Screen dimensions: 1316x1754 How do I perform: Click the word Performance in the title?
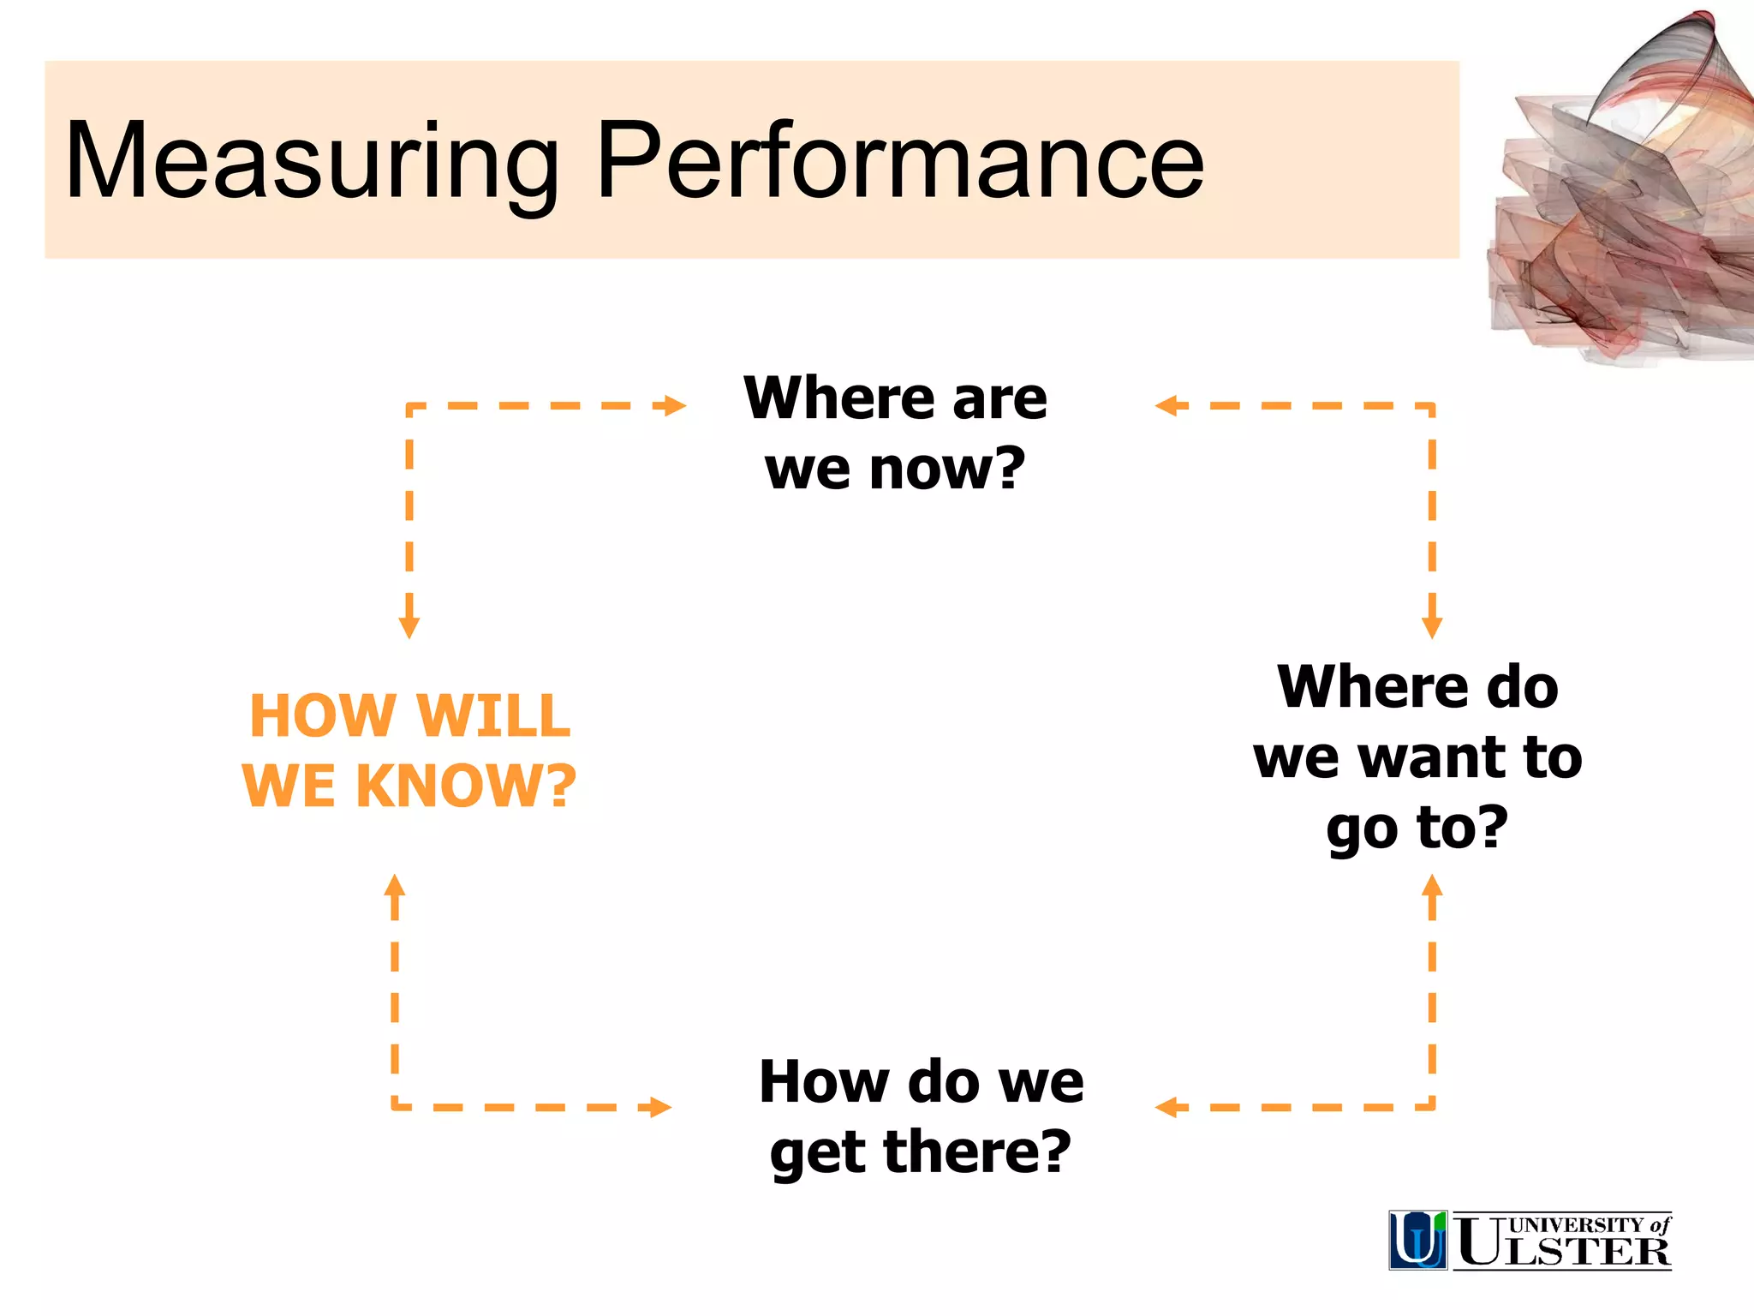point(899,161)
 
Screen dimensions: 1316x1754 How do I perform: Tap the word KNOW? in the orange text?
point(466,786)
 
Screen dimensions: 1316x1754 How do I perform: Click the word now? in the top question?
point(946,470)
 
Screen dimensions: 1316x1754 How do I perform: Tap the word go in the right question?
point(1362,828)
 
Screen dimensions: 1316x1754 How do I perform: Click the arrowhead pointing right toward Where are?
point(675,405)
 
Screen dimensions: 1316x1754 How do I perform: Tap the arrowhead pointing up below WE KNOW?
point(395,886)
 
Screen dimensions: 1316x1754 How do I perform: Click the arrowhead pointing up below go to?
point(1432,886)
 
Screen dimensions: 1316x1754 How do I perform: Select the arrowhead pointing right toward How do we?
point(659,1107)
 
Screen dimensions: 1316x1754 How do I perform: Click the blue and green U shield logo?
point(1417,1240)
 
